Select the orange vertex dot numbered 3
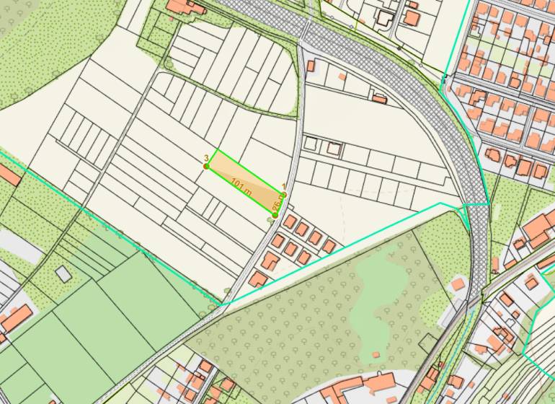pos(206,166)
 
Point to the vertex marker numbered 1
pos(283,194)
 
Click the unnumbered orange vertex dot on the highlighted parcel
pos(275,215)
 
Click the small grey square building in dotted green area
pos(64,273)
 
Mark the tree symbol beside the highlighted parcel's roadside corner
pos(271,221)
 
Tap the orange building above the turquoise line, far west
pos(9,175)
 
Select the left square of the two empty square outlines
pos(310,144)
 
